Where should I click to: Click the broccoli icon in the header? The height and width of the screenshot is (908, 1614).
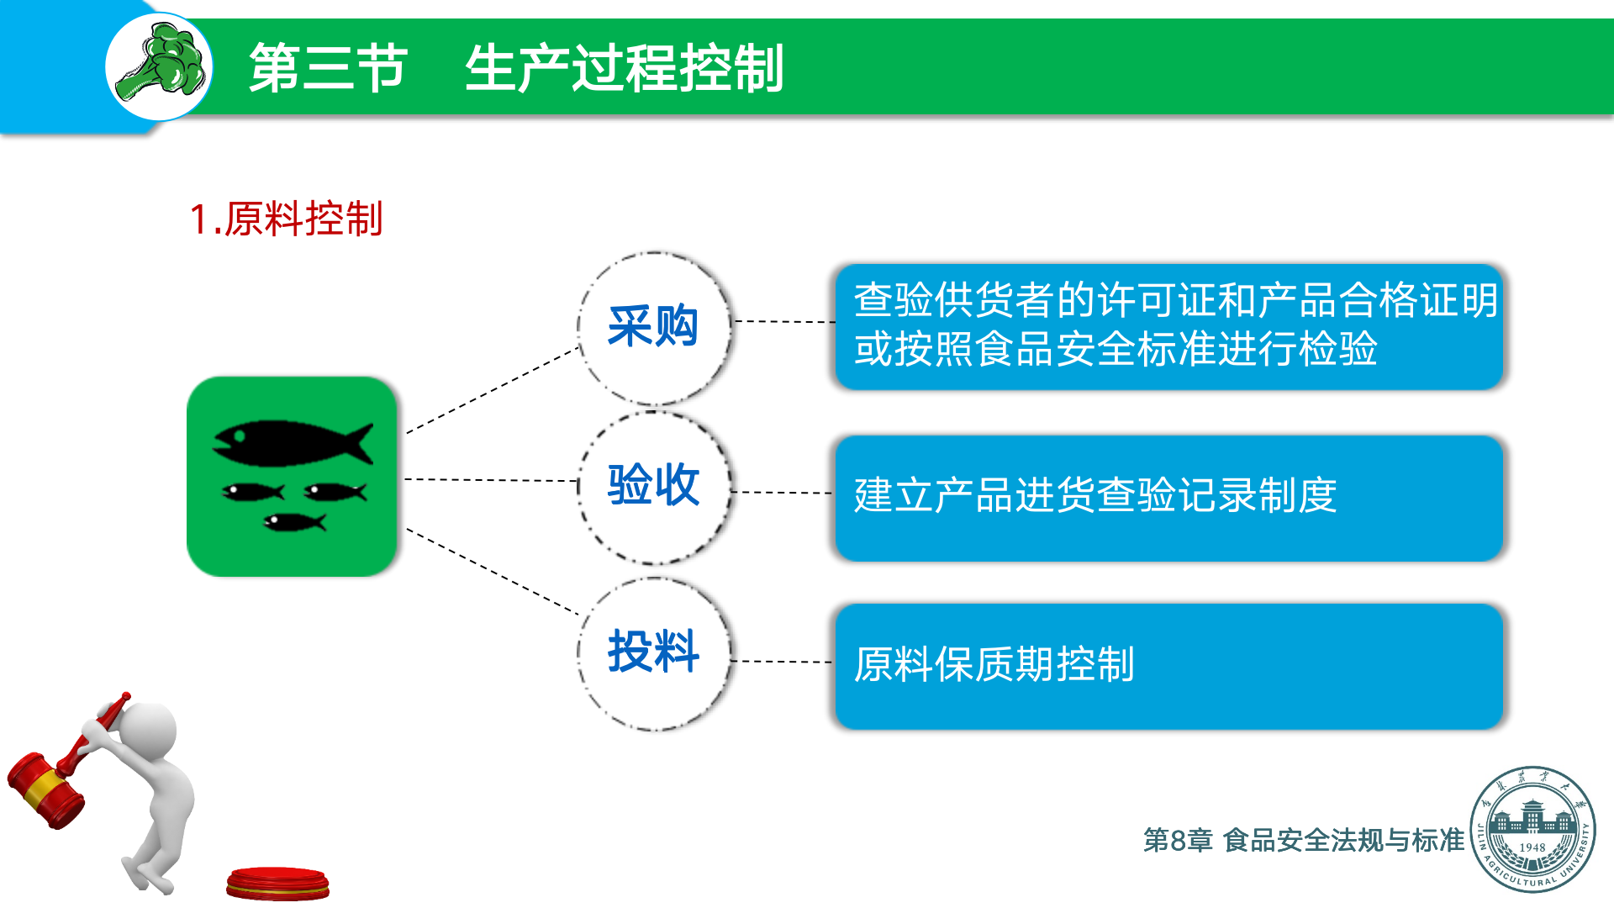[x=160, y=66]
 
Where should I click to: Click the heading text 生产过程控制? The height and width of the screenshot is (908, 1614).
[x=624, y=68]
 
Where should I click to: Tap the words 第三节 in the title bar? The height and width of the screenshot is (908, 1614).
[x=328, y=68]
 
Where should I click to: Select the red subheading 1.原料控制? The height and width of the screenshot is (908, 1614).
[x=286, y=219]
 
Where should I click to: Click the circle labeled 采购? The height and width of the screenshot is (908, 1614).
[x=653, y=327]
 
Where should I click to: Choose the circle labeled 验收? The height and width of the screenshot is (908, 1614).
[x=653, y=486]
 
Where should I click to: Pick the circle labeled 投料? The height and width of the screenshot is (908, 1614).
[x=653, y=652]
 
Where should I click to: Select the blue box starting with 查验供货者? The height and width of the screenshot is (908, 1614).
[x=1168, y=326]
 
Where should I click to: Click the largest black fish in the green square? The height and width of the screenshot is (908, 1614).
[x=290, y=443]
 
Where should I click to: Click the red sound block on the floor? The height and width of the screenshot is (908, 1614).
[x=277, y=884]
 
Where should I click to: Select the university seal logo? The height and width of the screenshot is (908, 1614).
[x=1532, y=828]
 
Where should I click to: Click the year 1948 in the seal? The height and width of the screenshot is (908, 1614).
[x=1532, y=847]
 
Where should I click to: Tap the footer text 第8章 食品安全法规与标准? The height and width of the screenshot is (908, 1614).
[x=1303, y=840]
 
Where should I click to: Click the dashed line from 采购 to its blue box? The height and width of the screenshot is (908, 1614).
[x=783, y=321]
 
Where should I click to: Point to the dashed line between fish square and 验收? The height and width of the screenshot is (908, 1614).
[x=491, y=480]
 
